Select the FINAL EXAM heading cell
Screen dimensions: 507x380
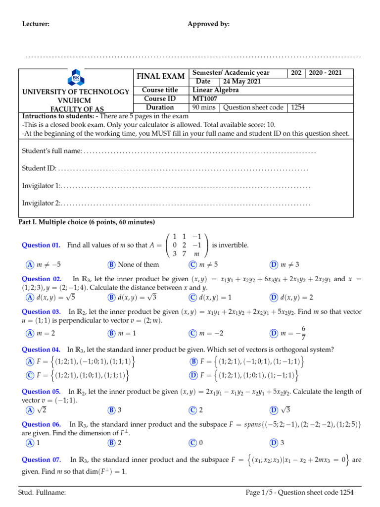[x=161, y=76]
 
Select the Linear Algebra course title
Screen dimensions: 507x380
[x=215, y=90]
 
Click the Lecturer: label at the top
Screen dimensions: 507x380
[x=36, y=24]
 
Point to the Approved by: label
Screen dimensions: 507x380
[x=208, y=24]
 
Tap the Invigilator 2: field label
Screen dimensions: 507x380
[x=42, y=203]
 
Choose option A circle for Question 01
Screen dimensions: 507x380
[x=30, y=264]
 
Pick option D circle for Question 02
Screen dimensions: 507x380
[x=273, y=297]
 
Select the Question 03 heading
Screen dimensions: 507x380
[x=42, y=312]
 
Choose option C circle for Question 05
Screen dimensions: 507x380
[x=192, y=410]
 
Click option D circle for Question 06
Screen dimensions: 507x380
[x=273, y=442]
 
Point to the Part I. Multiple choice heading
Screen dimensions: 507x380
[x=87, y=222]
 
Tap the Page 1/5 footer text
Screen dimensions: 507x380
[x=299, y=493]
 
